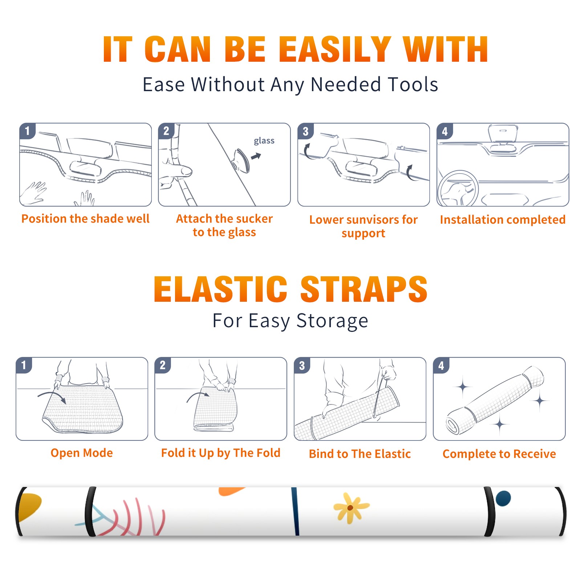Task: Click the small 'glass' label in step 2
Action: pyautogui.click(x=264, y=141)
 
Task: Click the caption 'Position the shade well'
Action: pyautogui.click(x=85, y=219)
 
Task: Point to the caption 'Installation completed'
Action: pyautogui.click(x=503, y=220)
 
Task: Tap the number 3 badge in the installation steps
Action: pyautogui.click(x=305, y=131)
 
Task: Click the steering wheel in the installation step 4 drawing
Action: pyautogui.click(x=458, y=189)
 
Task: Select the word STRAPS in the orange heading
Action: pyautogui.click(x=364, y=289)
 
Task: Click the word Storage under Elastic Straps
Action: pyautogui.click(x=332, y=321)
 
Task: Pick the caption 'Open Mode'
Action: pyautogui.click(x=82, y=453)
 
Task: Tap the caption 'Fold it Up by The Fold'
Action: pyautogui.click(x=221, y=453)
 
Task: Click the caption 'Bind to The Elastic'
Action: pyautogui.click(x=360, y=454)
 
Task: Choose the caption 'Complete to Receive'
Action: pyautogui.click(x=499, y=454)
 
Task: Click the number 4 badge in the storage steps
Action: pyautogui.click(x=441, y=365)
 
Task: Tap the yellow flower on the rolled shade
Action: pyautogui.click(x=350, y=508)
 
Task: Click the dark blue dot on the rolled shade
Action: pyautogui.click(x=503, y=498)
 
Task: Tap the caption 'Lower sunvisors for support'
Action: pyautogui.click(x=363, y=226)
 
